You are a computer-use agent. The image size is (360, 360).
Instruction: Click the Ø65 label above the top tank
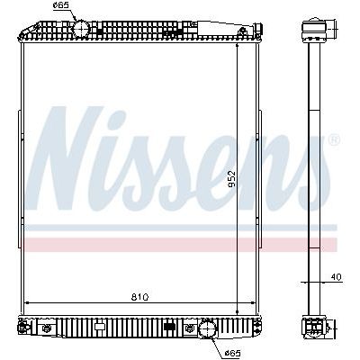pyautogui.click(x=61, y=5)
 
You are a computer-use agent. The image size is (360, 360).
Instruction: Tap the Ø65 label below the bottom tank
pyautogui.click(x=232, y=353)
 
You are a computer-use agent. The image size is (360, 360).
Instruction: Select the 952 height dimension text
pyautogui.click(x=231, y=179)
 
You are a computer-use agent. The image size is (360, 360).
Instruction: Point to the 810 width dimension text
pyautogui.click(x=139, y=297)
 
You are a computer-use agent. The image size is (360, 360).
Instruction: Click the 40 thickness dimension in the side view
pyautogui.click(x=337, y=277)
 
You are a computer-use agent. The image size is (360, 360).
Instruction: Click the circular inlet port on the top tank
pyautogui.click(x=81, y=29)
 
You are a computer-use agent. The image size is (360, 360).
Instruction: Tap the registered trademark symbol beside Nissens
pyautogui.click(x=334, y=139)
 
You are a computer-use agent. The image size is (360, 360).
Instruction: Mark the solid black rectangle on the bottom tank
pyautogui.click(x=170, y=326)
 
